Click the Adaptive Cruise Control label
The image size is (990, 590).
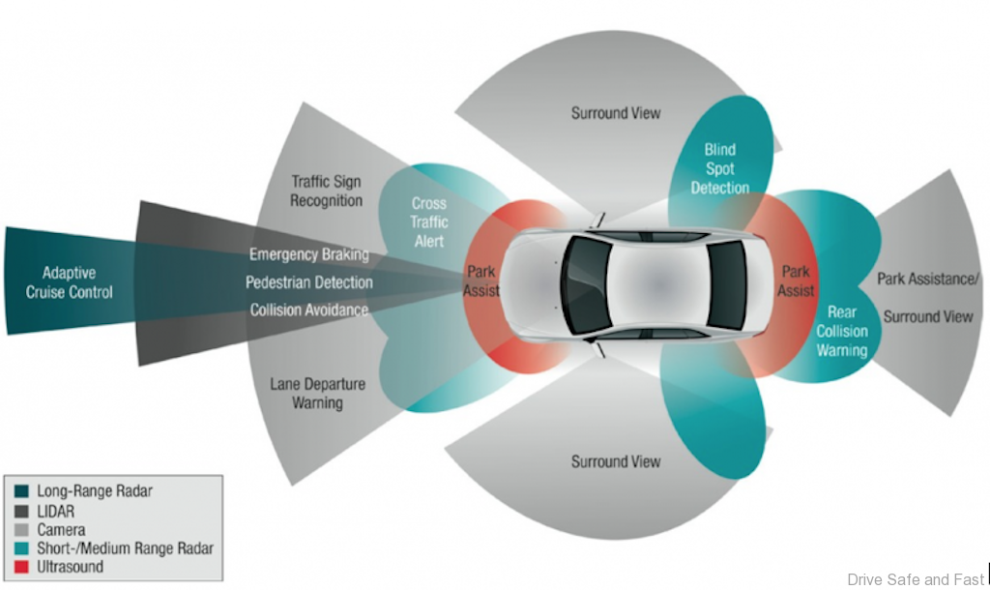point(76,282)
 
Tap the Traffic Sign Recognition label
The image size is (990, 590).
point(327,191)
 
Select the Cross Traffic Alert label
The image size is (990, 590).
point(429,222)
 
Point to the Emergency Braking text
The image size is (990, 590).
point(309,254)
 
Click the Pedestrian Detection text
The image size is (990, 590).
point(309,282)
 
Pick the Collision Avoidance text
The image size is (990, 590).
point(309,310)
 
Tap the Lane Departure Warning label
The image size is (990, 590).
point(317,393)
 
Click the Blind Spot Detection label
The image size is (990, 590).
point(719,168)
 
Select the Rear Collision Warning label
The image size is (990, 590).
point(841,331)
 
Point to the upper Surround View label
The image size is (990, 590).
point(616,113)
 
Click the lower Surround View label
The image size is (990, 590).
point(616,461)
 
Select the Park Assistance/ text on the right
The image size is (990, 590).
point(928,279)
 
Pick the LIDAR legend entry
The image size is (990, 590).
point(57,511)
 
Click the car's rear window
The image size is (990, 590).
point(727,283)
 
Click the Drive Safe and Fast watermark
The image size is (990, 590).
point(916,579)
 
